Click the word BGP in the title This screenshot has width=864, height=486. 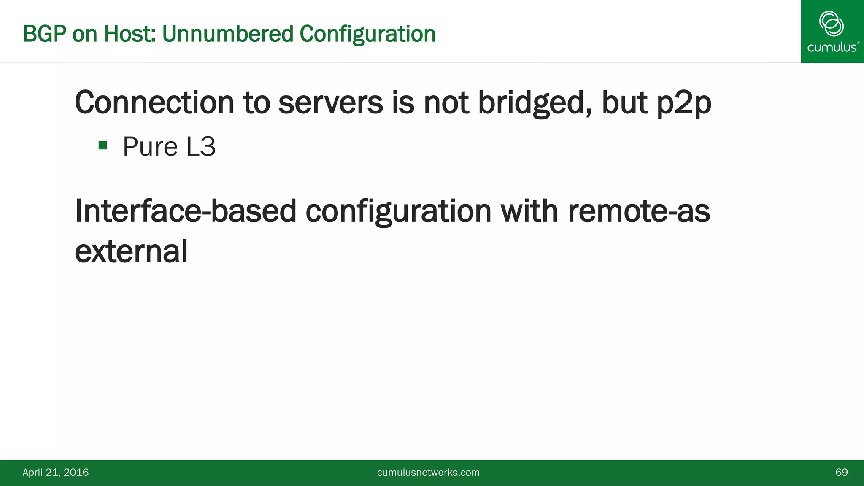click(44, 34)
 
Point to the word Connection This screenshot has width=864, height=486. click(154, 103)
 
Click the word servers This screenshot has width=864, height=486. click(330, 103)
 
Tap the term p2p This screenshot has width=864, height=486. click(684, 103)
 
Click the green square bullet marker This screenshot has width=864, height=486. click(103, 146)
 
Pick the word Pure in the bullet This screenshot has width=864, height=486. click(150, 147)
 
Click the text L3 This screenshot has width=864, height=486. click(201, 147)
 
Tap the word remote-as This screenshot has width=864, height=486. click(639, 211)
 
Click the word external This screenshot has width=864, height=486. click(131, 251)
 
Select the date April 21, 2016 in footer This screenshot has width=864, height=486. click(56, 472)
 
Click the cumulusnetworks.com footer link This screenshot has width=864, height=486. click(428, 472)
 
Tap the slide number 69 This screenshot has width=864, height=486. click(841, 472)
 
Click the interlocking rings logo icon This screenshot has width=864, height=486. click(832, 24)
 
